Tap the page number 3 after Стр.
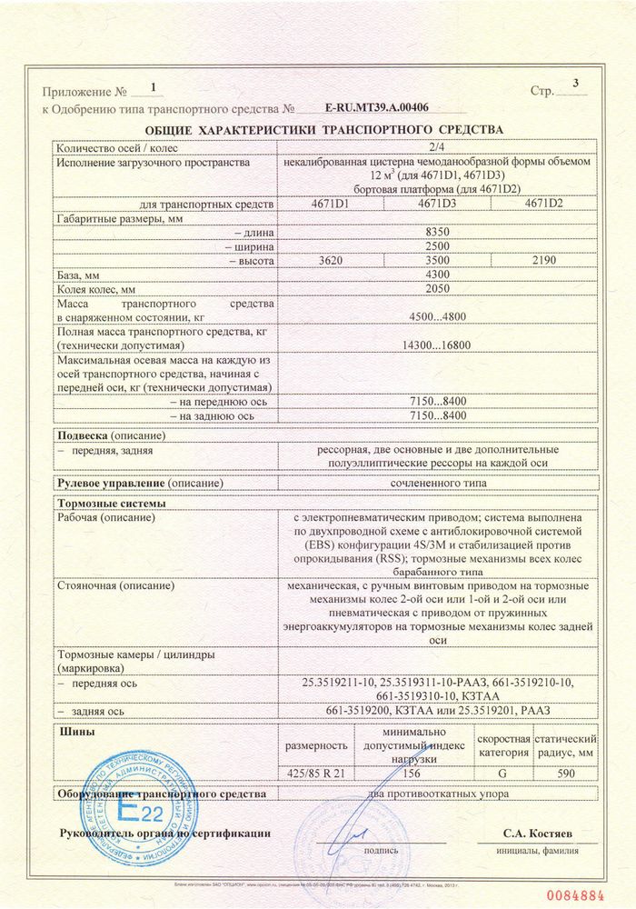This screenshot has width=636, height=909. click(574, 85)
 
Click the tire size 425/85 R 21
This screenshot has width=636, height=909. click(317, 773)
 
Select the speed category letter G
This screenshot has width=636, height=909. click(503, 773)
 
